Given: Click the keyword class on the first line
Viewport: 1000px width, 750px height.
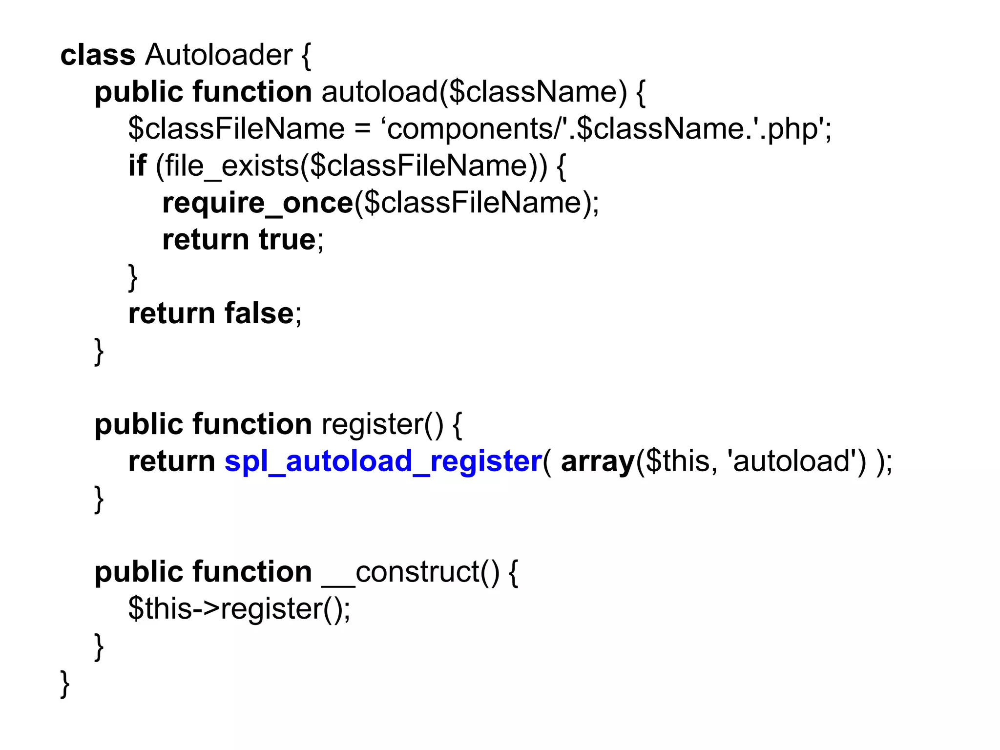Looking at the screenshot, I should [x=98, y=55].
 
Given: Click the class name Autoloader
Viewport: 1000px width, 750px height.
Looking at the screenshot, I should [x=218, y=55].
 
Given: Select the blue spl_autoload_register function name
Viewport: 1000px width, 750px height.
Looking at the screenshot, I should [x=383, y=461].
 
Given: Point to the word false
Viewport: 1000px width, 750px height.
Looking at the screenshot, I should [x=259, y=313].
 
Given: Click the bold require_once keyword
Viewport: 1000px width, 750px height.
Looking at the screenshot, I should [x=257, y=203].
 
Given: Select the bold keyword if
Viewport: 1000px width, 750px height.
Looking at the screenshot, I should [x=137, y=166].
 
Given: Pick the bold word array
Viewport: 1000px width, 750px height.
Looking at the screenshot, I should [x=597, y=462].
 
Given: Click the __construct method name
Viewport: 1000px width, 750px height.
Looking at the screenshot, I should [x=410, y=572].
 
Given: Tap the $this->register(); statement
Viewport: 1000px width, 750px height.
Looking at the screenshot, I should [x=239, y=609].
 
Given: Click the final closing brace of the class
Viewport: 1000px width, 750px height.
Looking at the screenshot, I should [x=65, y=684].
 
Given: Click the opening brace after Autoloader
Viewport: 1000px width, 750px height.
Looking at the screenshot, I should [x=306, y=56].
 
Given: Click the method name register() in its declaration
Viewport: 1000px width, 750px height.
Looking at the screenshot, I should [x=382, y=424].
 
